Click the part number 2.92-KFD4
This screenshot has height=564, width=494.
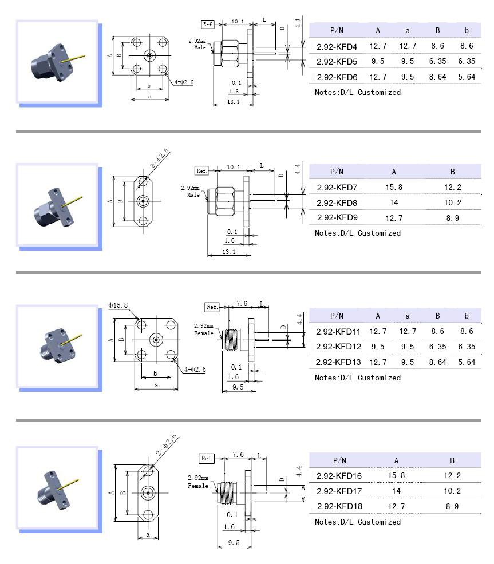click(x=337, y=46)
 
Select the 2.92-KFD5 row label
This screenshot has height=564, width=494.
click(x=337, y=61)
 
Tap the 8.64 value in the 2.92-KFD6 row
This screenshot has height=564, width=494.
click(x=437, y=77)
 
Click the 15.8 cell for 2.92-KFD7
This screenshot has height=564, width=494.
click(x=394, y=187)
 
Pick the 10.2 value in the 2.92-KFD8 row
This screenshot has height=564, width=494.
click(x=452, y=202)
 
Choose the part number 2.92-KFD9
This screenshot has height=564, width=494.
click(x=337, y=218)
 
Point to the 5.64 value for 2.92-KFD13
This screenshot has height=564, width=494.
click(x=467, y=362)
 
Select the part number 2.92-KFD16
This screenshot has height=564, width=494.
click(x=339, y=475)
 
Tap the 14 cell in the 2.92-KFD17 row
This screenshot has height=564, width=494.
click(x=396, y=491)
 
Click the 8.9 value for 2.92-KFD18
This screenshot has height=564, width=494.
click(x=452, y=506)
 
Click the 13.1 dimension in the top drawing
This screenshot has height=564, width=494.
click(x=233, y=102)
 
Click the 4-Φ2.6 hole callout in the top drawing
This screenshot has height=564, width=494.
click(x=184, y=82)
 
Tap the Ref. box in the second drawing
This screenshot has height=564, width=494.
click(x=201, y=170)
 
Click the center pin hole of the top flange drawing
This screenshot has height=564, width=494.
click(x=150, y=55)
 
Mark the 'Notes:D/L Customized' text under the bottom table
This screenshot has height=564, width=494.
click(x=358, y=522)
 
